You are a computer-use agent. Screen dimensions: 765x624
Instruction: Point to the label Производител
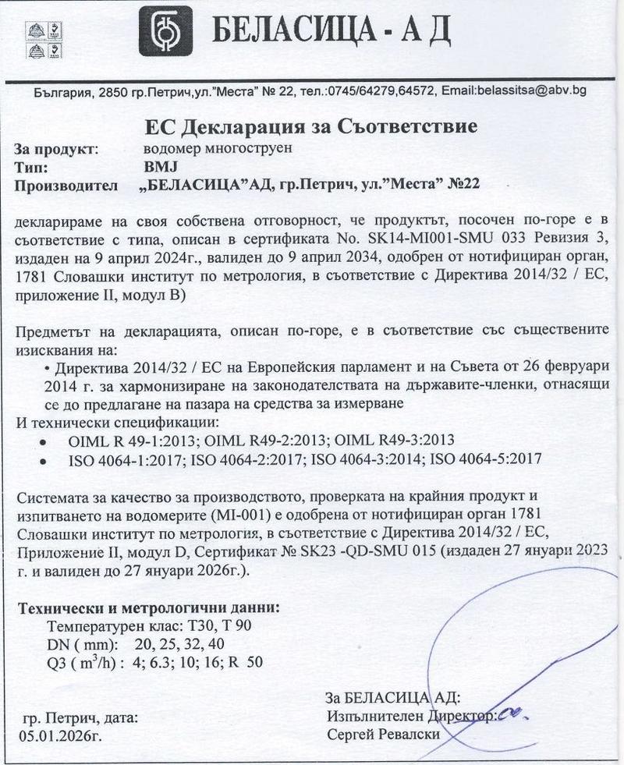[x=66, y=185]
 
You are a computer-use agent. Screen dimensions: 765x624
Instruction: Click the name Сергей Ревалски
[x=384, y=734]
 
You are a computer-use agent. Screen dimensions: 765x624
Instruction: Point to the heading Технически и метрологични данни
[x=149, y=607]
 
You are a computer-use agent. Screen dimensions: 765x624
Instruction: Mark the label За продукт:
[x=55, y=148]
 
